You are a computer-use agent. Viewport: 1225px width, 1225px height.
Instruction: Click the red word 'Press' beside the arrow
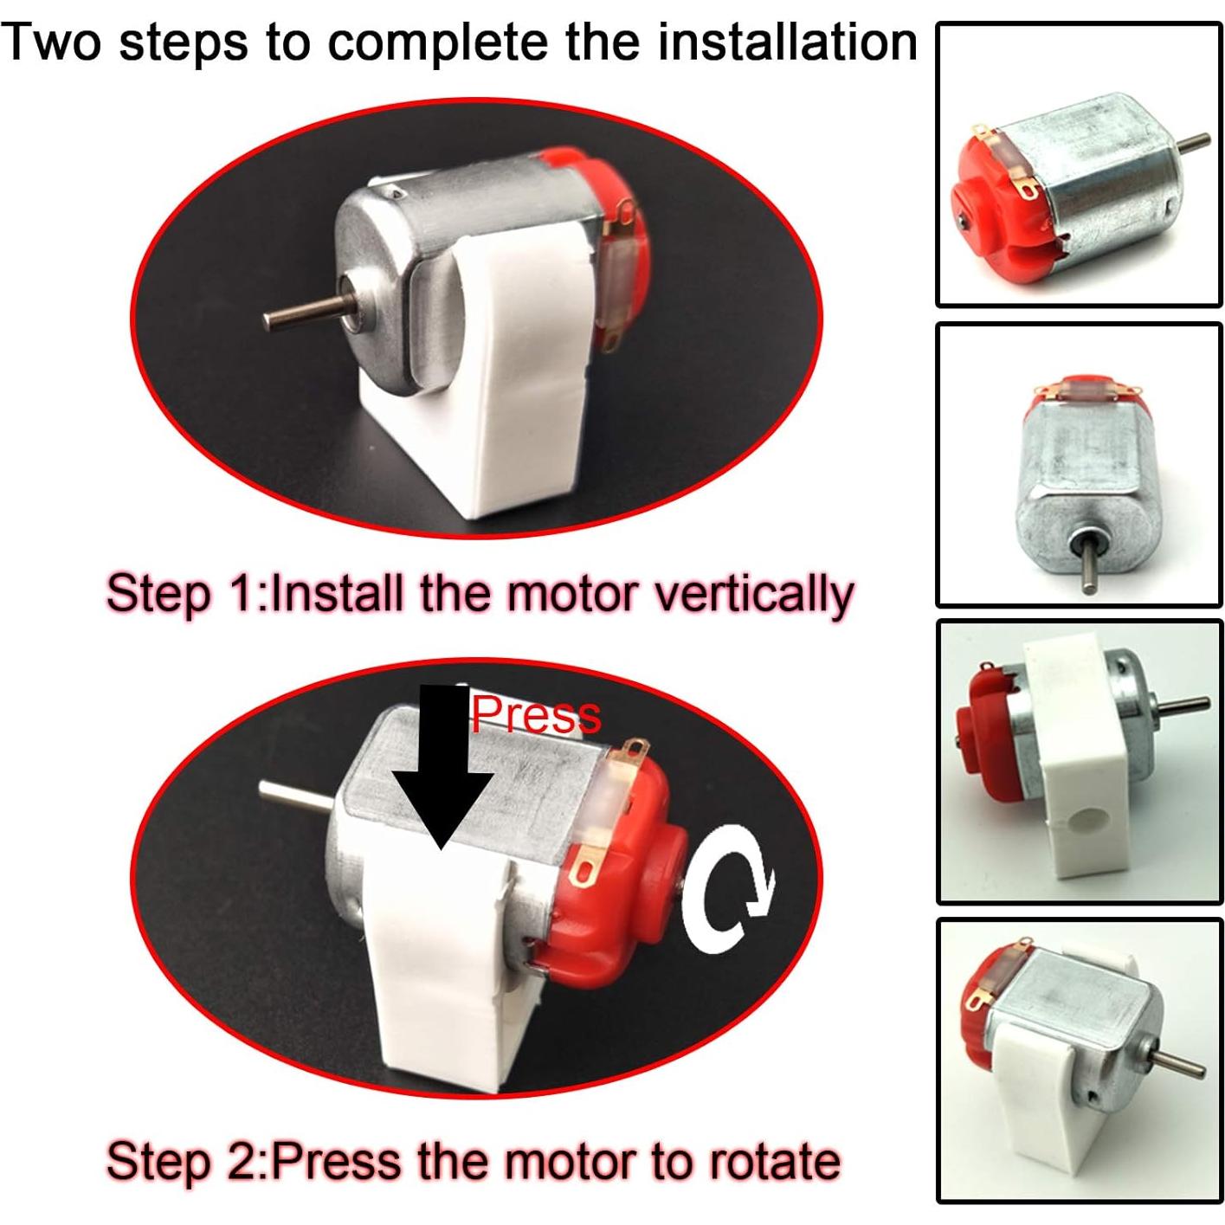(535, 715)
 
